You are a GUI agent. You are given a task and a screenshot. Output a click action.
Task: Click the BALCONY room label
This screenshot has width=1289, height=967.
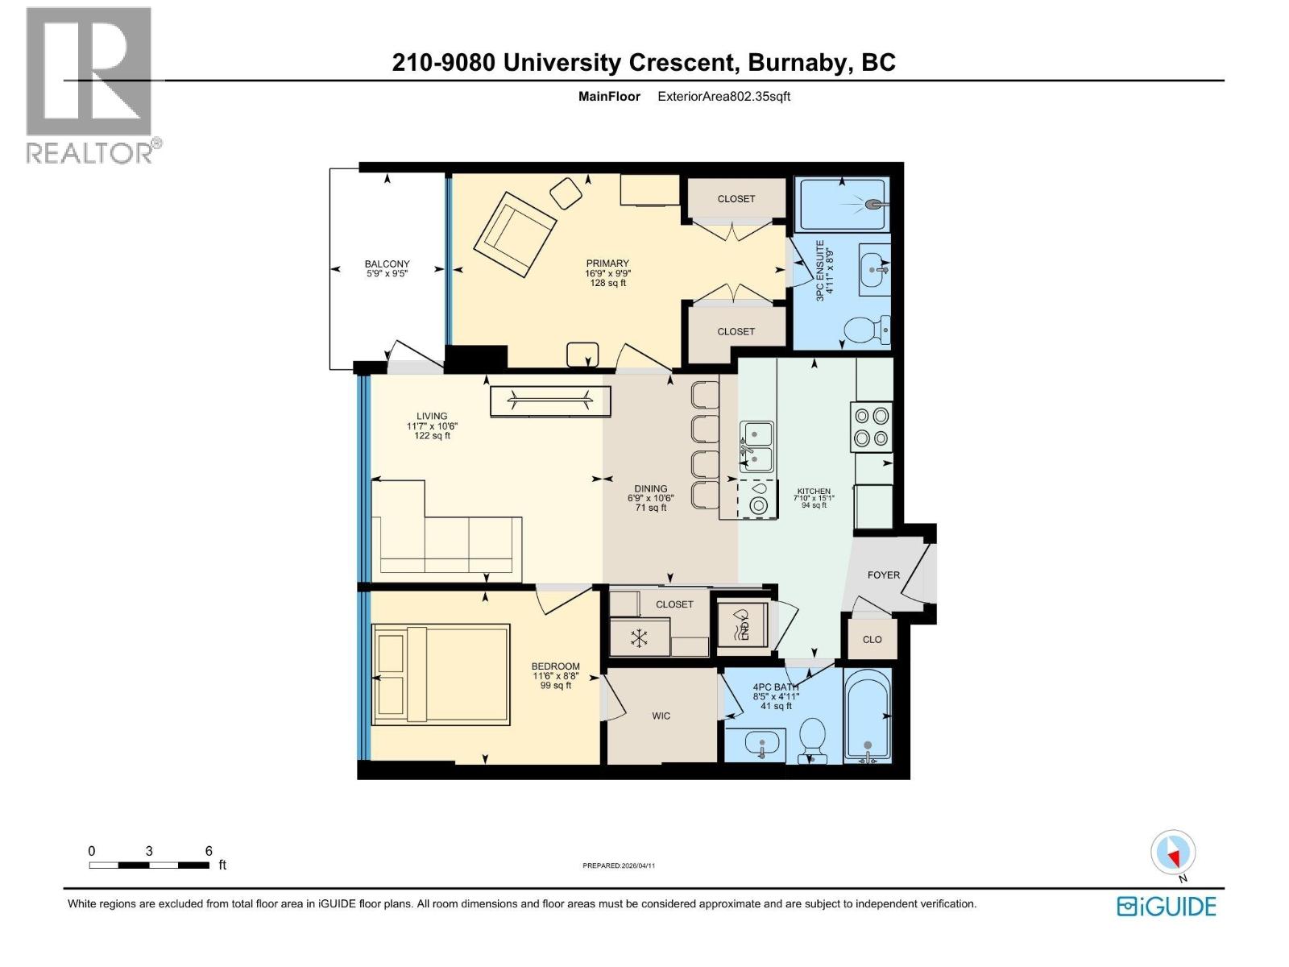387,264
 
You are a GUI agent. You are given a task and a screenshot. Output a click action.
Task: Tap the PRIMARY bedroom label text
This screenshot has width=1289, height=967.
607,264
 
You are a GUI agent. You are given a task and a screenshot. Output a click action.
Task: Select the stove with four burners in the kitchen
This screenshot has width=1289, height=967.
871,426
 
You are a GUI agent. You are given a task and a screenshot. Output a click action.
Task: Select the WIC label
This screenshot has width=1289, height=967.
661,716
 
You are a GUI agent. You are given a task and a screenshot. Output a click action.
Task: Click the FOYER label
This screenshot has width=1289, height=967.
883,575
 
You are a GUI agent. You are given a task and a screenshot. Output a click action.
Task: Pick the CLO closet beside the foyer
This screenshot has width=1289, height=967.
872,639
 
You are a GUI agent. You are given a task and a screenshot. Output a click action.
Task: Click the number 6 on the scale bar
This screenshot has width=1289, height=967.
209,851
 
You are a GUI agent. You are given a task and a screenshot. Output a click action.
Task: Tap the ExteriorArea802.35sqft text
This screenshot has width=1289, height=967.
723,97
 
